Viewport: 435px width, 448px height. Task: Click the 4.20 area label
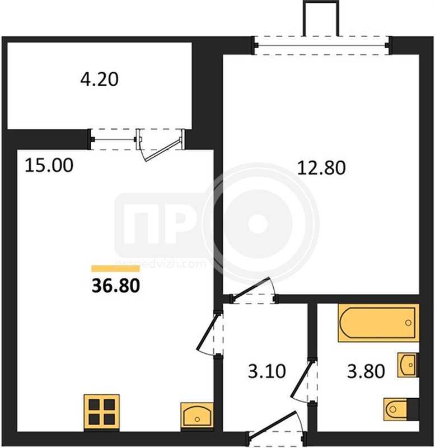(99, 80)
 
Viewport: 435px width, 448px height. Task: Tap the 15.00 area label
(49, 165)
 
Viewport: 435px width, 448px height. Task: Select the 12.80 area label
(321, 167)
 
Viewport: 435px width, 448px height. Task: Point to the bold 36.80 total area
(116, 286)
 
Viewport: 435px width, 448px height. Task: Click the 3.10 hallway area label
(267, 371)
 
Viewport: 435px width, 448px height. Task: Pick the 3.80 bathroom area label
(366, 371)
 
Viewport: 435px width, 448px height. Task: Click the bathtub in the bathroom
(378, 323)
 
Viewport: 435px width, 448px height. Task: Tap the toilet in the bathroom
(401, 409)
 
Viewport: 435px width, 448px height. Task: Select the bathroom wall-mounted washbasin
(408, 365)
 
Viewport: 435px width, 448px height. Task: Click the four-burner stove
(102, 413)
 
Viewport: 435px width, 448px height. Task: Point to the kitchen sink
(197, 416)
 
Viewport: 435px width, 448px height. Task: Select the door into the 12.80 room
(253, 291)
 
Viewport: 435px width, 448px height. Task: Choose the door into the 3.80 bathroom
(304, 380)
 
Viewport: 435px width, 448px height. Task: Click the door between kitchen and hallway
(210, 333)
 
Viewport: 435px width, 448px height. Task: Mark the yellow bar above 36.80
(116, 269)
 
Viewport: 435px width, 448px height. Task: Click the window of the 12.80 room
(322, 45)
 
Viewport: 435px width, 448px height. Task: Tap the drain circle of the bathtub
(408, 323)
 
